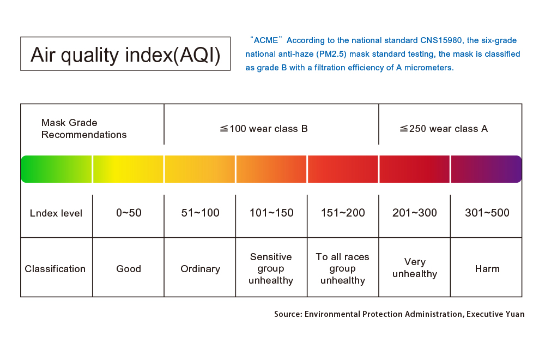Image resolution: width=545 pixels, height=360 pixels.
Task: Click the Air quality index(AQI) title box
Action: point(125,54)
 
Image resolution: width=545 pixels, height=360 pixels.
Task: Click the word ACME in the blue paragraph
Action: point(267,40)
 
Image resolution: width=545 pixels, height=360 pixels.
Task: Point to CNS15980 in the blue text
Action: point(441,40)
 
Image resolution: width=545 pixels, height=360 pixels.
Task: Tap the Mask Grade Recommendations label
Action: point(84,129)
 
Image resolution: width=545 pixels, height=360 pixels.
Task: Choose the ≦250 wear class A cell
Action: point(444,129)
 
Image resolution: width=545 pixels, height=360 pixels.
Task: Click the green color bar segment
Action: point(56,169)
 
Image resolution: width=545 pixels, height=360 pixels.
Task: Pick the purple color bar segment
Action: point(486,169)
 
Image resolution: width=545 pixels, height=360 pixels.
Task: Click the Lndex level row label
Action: point(56,213)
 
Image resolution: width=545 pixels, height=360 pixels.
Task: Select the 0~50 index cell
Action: point(129,213)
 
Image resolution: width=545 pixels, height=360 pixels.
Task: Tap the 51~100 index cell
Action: point(200,213)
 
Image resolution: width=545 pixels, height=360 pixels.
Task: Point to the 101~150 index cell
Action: point(271,213)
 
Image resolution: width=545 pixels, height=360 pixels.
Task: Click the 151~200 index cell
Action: point(343,213)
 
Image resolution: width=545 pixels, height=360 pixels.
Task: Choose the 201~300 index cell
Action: point(415,213)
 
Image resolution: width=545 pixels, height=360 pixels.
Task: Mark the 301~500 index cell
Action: point(487,213)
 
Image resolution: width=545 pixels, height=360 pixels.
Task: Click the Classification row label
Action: point(55,269)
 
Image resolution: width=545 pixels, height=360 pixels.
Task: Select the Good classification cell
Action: point(129,269)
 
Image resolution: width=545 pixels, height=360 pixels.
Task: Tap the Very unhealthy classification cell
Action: point(415,268)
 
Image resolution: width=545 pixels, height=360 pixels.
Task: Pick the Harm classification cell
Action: point(487,269)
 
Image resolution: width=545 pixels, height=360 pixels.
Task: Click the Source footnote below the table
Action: point(399,314)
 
